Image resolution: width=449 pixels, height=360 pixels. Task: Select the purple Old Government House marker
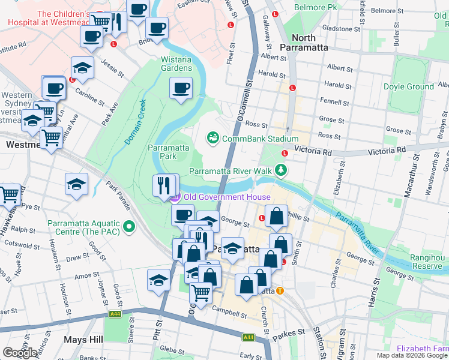point(175,197)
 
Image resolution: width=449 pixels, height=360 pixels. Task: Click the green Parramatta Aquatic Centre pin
point(129,227)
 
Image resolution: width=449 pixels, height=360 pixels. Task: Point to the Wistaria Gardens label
point(176,64)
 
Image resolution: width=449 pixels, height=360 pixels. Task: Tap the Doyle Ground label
point(408,86)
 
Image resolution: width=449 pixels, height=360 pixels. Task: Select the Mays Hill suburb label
point(82,339)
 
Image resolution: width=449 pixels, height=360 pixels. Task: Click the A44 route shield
point(115,314)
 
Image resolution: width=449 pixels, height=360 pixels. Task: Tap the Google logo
point(20,353)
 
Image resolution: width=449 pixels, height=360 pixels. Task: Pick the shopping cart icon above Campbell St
point(201,293)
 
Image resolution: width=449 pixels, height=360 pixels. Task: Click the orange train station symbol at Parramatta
point(280,291)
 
